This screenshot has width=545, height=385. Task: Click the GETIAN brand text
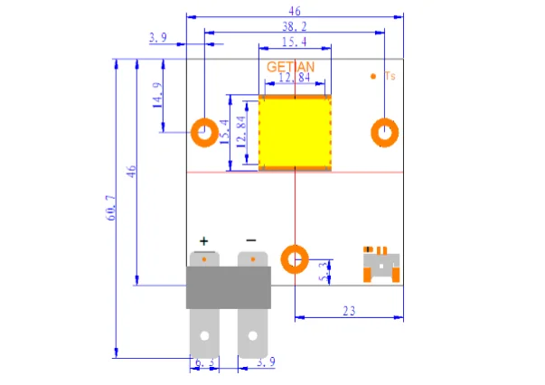click(x=290, y=67)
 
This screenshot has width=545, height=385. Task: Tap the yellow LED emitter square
click(x=295, y=132)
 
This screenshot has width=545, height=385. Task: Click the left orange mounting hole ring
click(x=196, y=133)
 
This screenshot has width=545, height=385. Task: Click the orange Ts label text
click(x=390, y=76)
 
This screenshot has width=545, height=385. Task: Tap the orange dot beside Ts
click(x=373, y=76)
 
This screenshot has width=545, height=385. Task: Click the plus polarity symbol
click(x=203, y=240)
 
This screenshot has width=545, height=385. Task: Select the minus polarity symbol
click(x=251, y=240)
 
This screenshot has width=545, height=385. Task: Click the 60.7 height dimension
click(x=111, y=208)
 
